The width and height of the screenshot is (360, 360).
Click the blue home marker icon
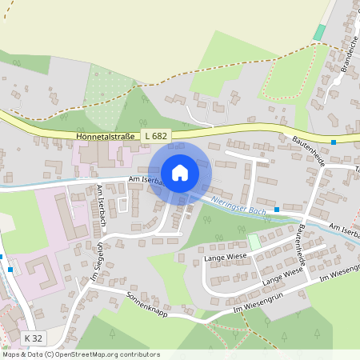click(180, 173)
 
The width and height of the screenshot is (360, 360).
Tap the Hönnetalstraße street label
click(106, 137)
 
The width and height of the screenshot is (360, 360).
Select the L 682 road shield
click(156, 137)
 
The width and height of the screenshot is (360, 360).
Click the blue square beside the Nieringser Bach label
click(277, 210)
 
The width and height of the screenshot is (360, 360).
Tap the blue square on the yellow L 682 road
click(333, 142)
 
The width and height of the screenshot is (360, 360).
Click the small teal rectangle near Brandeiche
click(320, 32)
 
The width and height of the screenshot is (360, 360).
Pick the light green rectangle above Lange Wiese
click(254, 241)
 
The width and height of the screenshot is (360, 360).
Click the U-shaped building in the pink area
click(40, 272)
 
